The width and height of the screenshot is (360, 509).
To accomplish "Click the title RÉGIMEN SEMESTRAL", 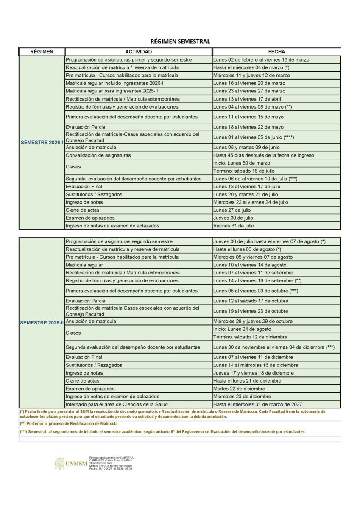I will click(180, 42).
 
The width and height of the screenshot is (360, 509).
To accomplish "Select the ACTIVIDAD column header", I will click(138, 52).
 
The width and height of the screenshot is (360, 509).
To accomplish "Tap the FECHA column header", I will click(276, 52).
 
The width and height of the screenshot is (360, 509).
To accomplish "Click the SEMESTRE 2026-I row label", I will click(42, 143).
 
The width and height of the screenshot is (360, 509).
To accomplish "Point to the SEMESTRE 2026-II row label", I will click(42, 323).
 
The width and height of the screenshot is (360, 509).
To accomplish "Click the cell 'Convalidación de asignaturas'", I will click(98, 155).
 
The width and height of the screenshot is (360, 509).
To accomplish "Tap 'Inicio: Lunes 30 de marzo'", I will click(242, 163).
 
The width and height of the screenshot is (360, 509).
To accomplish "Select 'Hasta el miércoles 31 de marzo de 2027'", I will click(258, 404).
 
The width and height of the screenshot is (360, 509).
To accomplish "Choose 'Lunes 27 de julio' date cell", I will click(232, 210).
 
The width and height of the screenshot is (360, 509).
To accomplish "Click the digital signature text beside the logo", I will click(111, 463).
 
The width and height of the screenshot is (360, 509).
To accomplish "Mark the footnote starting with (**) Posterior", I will click(69, 424).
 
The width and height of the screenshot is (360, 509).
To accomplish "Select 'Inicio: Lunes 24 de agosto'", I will click(242, 329).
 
